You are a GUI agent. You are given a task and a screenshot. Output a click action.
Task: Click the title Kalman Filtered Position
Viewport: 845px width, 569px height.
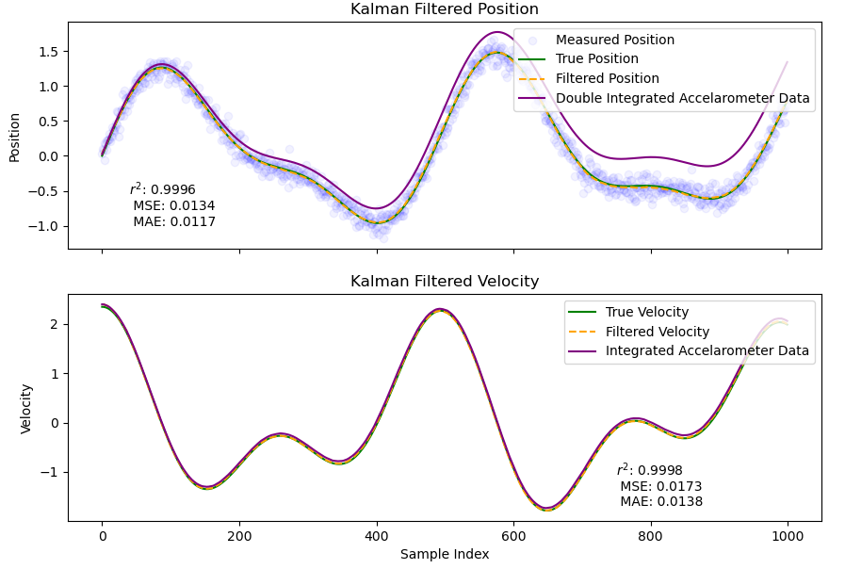[444, 9]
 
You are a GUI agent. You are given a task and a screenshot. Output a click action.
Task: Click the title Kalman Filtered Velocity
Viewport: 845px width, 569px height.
[444, 282]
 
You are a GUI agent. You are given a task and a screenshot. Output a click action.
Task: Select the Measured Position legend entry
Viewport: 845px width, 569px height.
[614, 41]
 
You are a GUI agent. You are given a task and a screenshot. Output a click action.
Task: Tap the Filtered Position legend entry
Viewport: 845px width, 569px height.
[607, 79]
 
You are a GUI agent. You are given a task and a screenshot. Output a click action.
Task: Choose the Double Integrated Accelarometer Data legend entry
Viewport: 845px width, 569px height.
[682, 98]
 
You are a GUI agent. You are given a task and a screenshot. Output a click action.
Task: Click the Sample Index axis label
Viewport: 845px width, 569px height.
[444, 555]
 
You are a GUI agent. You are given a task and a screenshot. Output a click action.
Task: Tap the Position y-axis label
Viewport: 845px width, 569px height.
[14, 137]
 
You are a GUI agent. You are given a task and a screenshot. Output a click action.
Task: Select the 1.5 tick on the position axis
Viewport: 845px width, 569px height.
[49, 51]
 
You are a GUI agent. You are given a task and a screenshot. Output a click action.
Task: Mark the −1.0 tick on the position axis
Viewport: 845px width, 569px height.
[45, 226]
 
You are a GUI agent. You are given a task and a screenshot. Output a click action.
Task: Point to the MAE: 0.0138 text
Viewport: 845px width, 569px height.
[660, 502]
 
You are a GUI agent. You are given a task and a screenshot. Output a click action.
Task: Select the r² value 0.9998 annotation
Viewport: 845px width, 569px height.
[649, 470]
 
